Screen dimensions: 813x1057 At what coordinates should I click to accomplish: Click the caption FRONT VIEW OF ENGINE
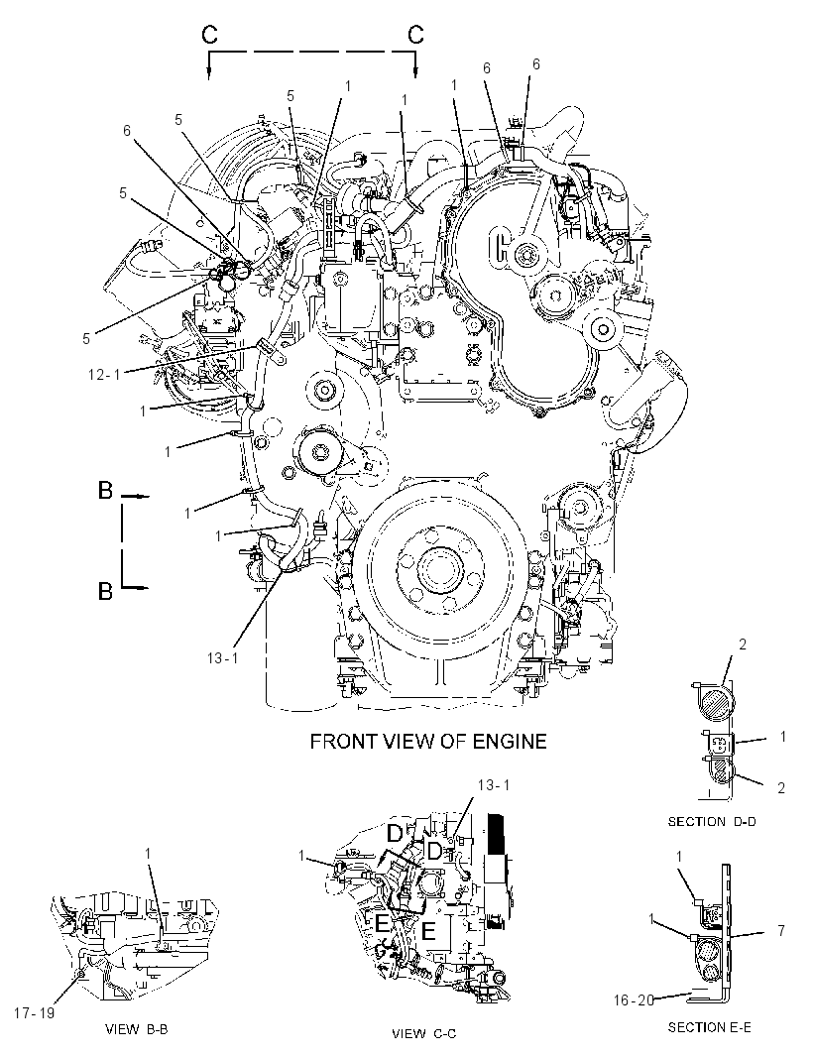point(428,742)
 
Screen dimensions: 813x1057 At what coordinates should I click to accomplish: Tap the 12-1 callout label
point(104,374)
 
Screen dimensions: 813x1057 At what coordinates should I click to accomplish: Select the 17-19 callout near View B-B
point(34,1013)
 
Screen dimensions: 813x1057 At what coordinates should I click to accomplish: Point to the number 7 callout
point(780,931)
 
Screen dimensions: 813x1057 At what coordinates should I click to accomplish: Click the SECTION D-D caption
point(712,822)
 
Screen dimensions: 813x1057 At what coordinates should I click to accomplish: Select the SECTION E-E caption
point(709,1027)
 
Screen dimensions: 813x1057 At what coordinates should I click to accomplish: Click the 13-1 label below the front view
point(222,658)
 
